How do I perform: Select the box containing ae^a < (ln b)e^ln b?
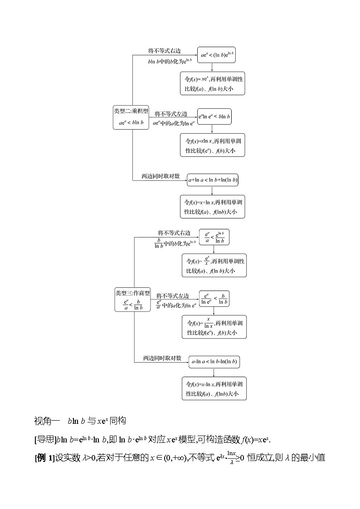pyautogui.click(x=216, y=55)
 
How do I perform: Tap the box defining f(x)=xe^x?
pyautogui.click(x=212, y=83)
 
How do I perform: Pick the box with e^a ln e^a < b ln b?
pyautogui.click(x=214, y=116)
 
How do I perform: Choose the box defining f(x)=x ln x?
pyautogui.click(x=212, y=145)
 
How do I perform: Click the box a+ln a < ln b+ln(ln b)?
pyautogui.click(x=213, y=180)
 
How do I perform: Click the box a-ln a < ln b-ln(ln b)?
pyautogui.click(x=214, y=361)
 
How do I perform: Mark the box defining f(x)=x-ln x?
pyautogui.click(x=214, y=388)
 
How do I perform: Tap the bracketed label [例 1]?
pyautogui.click(x=44, y=458)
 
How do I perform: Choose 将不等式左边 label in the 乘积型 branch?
pyautogui.click(x=171, y=114)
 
